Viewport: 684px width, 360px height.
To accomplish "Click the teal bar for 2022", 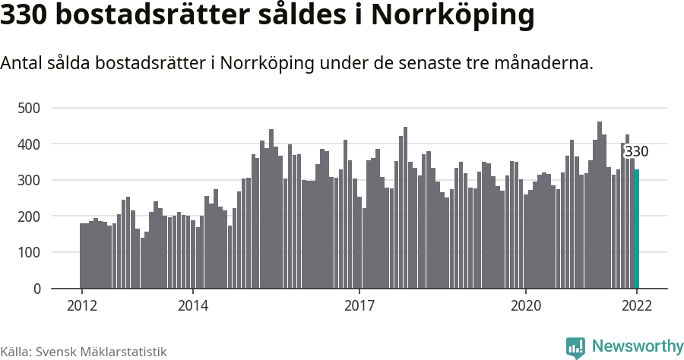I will click(x=637, y=229).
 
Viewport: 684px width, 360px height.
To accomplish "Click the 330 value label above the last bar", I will click(x=636, y=151).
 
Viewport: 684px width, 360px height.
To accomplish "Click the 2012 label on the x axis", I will click(x=81, y=306).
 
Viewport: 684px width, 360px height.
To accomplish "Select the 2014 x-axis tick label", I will click(x=192, y=306).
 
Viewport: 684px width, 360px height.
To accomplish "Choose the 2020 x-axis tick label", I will click(x=525, y=306).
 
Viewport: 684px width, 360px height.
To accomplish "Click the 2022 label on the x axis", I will click(x=636, y=306).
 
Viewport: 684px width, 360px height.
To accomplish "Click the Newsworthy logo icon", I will click(x=575, y=347).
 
